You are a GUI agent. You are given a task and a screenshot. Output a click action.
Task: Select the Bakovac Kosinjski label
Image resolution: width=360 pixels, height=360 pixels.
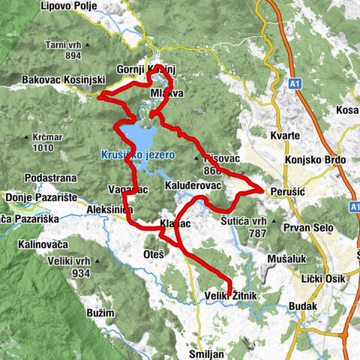57,79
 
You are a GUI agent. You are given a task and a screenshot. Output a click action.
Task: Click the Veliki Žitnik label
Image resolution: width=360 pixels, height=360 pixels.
231,298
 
